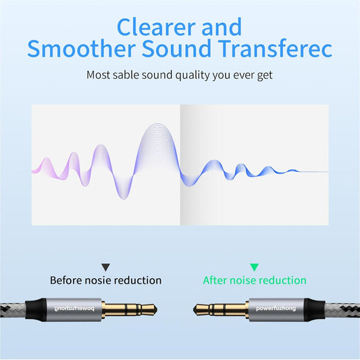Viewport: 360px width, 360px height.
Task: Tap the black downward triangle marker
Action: [105, 267]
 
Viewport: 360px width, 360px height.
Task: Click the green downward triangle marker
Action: [254, 267]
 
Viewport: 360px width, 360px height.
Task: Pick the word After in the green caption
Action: [215, 280]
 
